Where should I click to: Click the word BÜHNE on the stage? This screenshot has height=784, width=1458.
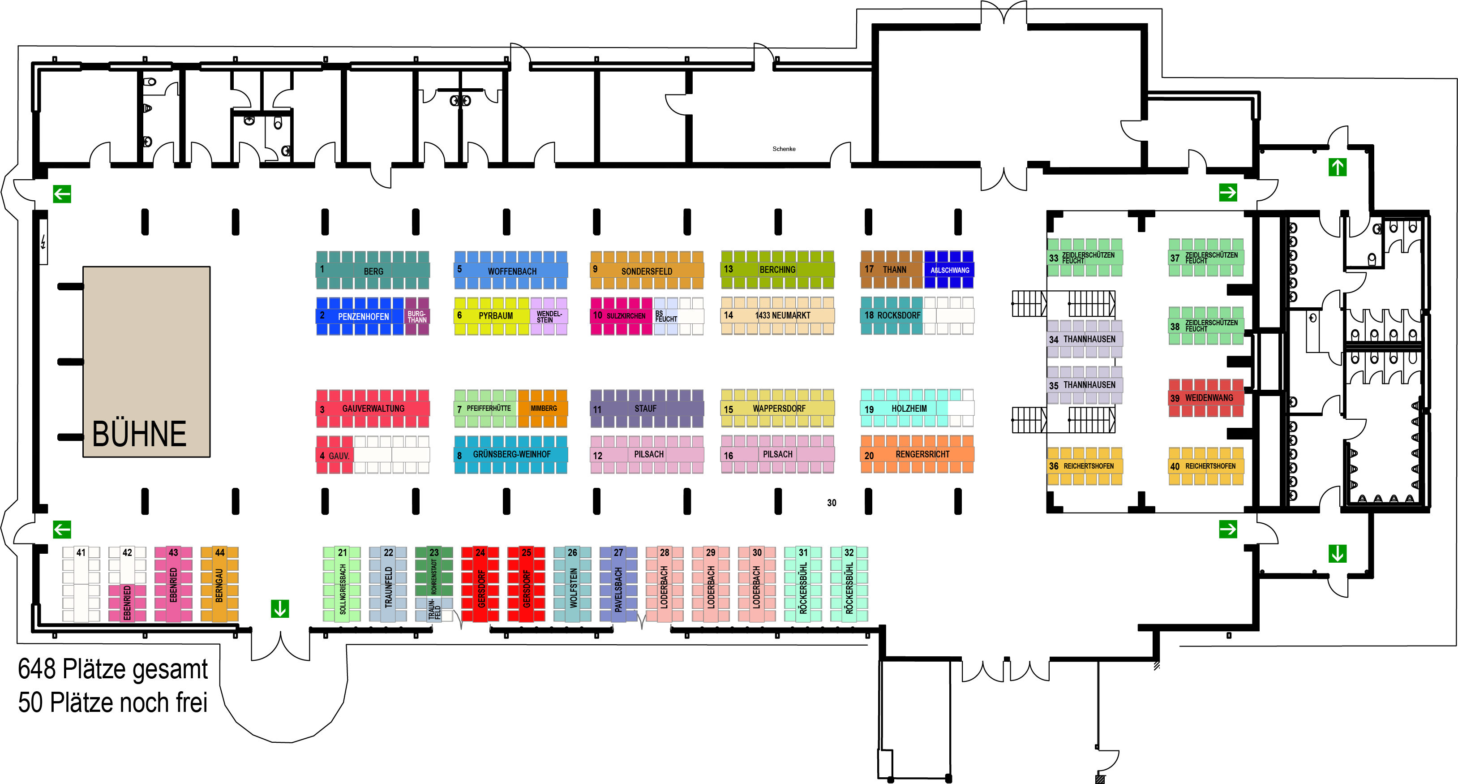coord(139,434)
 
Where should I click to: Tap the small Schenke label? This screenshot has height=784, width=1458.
coord(784,149)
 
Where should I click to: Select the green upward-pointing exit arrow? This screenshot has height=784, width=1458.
coord(1338,167)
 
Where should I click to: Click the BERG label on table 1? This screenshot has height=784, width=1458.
coord(373,271)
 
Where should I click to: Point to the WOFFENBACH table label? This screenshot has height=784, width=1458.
coord(512,271)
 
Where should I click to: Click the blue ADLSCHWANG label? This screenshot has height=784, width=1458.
coord(950,270)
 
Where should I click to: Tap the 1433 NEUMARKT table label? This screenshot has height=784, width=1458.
coord(783,315)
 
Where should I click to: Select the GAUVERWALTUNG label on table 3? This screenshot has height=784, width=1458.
coord(373,408)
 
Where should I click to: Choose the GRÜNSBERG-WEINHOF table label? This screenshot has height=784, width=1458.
coord(512,454)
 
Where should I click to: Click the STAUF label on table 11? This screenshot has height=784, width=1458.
coord(645,408)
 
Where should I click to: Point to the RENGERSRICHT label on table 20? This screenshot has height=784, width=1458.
coord(922,454)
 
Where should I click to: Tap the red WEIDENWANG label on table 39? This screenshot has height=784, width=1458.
coord(1209,398)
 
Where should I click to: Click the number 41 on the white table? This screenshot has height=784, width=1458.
coord(81,552)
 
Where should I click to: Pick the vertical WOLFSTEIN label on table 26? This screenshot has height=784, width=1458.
coord(573,588)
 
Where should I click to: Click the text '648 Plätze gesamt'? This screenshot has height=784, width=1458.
coord(113,669)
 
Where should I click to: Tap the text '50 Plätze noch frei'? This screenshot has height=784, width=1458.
coord(113,702)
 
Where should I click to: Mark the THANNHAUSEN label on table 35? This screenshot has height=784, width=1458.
coord(1089,385)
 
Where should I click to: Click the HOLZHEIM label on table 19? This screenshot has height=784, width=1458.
coord(909,409)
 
